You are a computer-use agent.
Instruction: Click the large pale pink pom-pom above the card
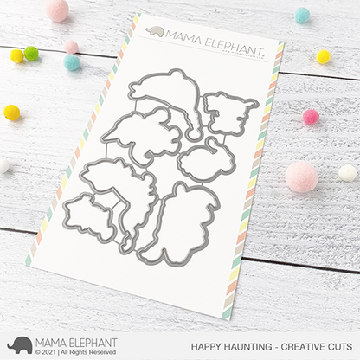[57, 10]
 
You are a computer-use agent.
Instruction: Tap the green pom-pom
[31, 54]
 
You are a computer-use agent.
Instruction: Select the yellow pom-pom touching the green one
[16, 56]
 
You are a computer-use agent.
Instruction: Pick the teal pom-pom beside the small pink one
[72, 62]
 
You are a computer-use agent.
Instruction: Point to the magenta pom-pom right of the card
[311, 117]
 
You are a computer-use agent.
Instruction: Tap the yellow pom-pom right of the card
[323, 56]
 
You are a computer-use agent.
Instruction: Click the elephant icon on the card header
[155, 32]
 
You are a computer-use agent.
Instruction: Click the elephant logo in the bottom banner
[19, 344]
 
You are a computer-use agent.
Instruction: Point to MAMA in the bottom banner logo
[54, 340]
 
